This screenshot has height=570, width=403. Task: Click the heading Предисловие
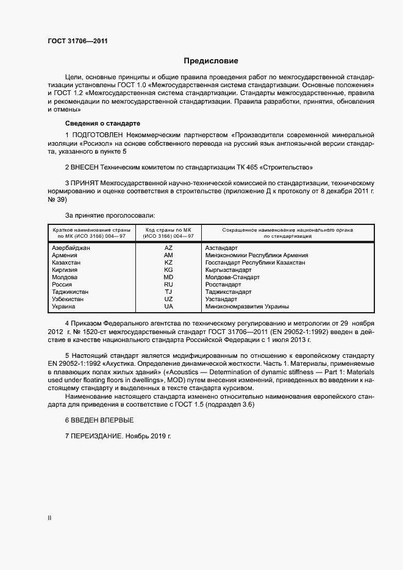(x=211, y=61)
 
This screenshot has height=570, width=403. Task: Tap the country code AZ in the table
(x=168, y=248)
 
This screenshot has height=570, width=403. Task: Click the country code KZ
(x=168, y=263)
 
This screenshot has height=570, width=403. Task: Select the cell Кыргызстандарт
(x=229, y=270)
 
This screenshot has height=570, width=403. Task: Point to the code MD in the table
(x=168, y=277)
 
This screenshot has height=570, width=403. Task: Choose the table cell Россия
(x=63, y=285)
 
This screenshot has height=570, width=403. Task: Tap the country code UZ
(x=168, y=299)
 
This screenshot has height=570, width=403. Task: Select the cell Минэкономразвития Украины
(x=247, y=307)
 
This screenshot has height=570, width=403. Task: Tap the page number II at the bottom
(x=49, y=519)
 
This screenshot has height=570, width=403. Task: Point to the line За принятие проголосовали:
(x=110, y=216)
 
